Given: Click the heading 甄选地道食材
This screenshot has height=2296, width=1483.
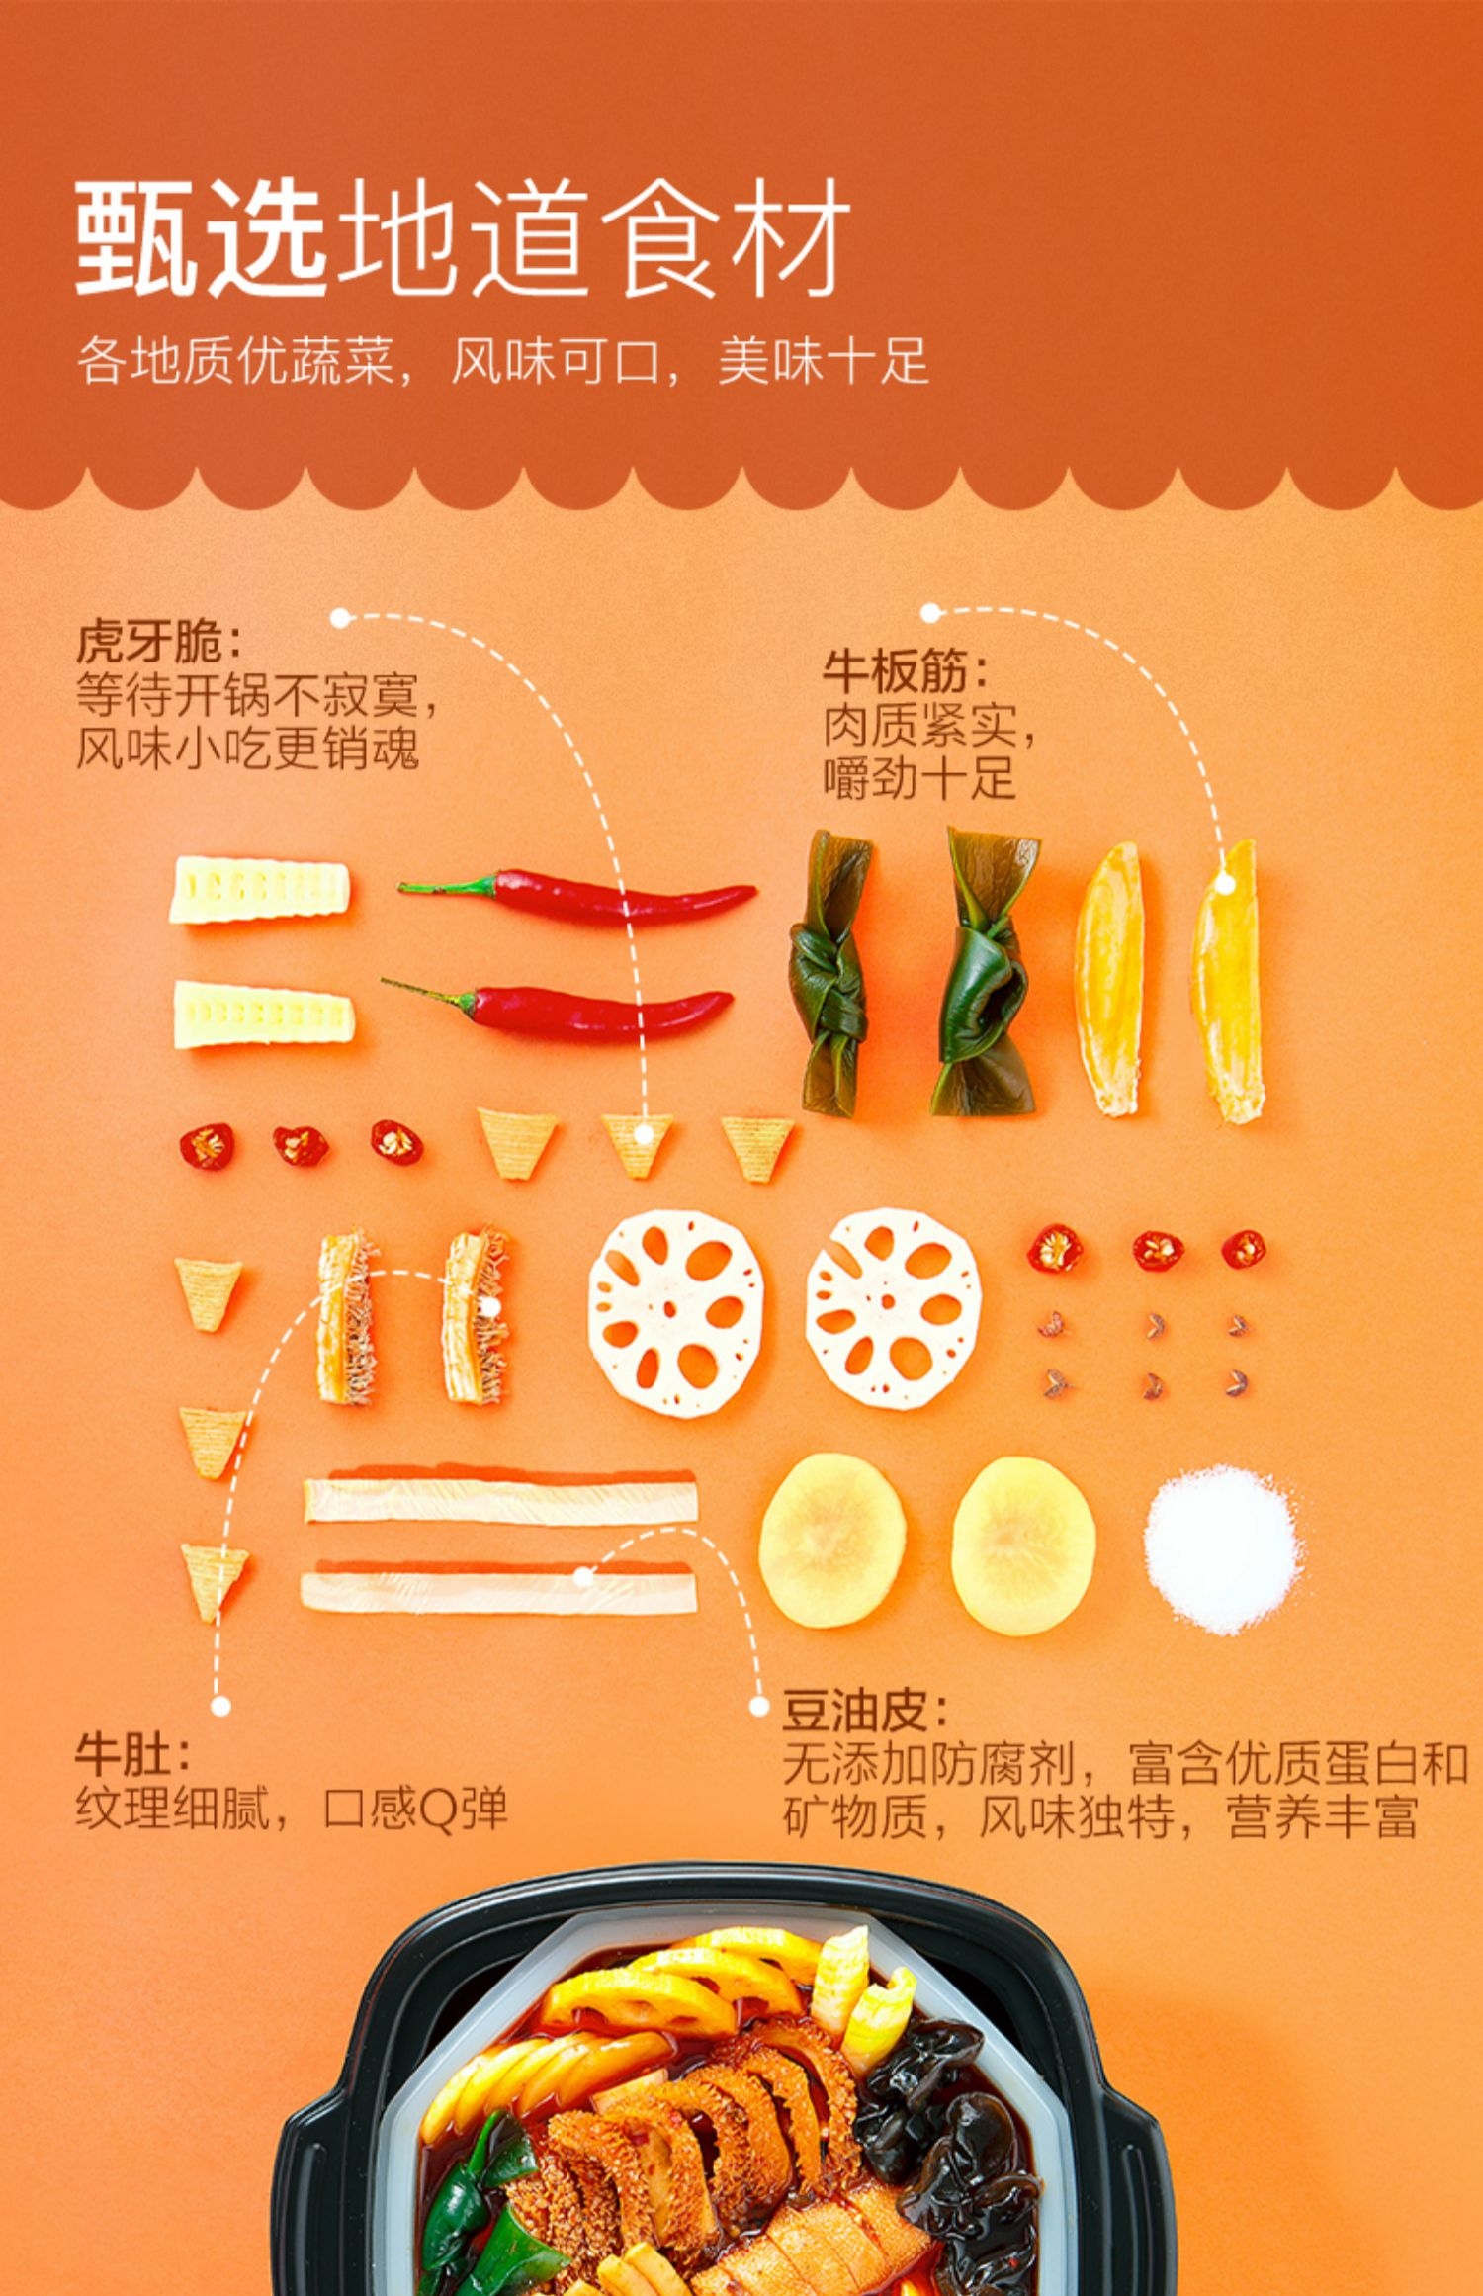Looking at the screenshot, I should [462, 238].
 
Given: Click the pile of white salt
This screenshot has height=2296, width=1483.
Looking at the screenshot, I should [1222, 1548].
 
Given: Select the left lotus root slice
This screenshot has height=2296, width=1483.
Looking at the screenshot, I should [676, 1312].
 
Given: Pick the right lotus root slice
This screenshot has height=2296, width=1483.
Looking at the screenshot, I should [893, 1307].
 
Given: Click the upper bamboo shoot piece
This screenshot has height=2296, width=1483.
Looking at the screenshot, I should [259, 891].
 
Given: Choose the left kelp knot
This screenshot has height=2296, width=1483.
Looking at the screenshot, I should [829, 974].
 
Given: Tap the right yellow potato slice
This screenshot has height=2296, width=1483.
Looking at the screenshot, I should [1023, 1545].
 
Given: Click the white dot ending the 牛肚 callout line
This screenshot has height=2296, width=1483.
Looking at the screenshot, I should [220, 1706].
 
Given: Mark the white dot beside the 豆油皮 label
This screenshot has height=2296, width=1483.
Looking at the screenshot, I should [758, 1706].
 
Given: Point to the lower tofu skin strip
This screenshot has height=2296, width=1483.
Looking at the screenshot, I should [498, 1591].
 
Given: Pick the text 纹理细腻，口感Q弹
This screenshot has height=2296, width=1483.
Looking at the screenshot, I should [292, 1810].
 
